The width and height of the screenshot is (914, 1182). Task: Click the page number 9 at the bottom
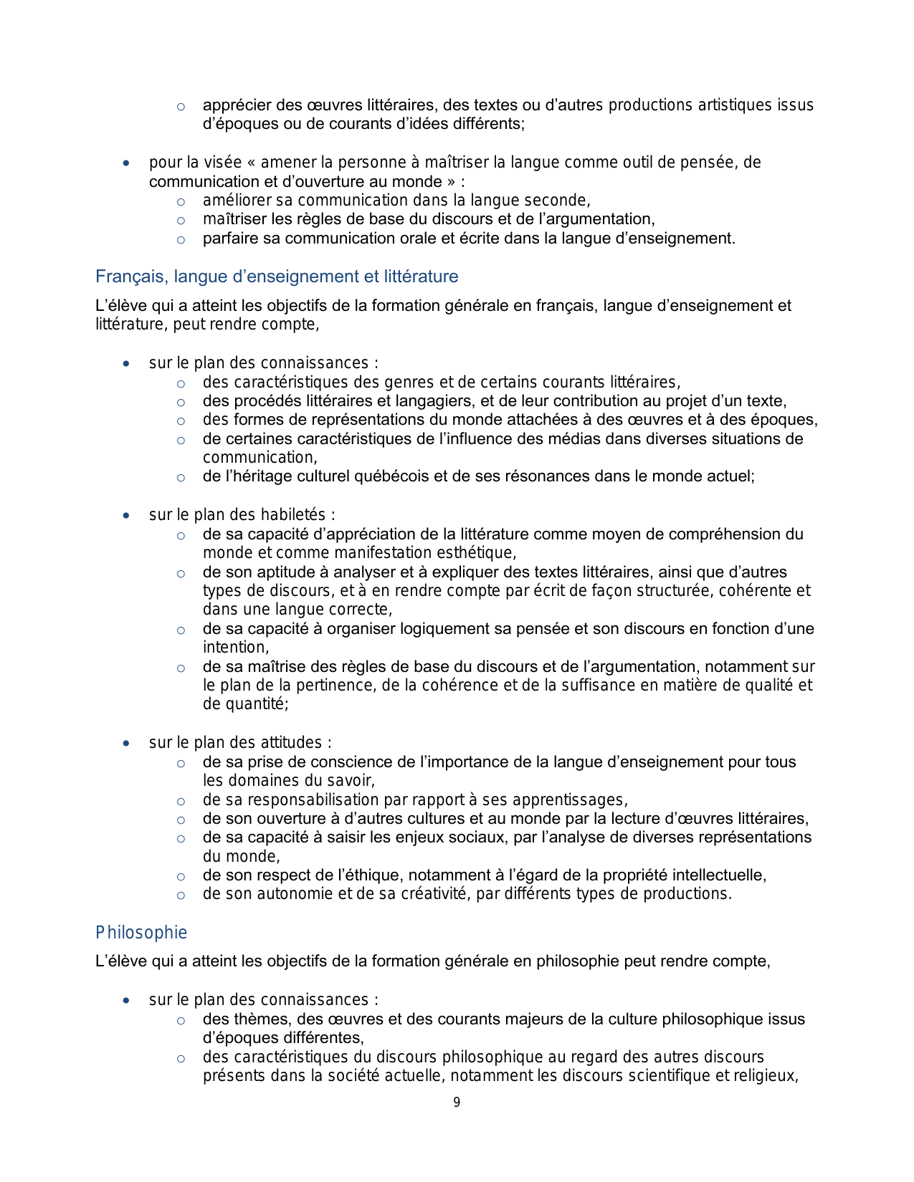(457, 1102)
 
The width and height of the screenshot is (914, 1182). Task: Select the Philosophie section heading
(141, 933)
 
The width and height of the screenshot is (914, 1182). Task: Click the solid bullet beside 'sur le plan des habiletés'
(126, 516)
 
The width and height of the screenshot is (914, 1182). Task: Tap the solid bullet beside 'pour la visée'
(126, 163)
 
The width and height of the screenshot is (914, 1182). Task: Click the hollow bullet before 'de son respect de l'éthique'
(181, 876)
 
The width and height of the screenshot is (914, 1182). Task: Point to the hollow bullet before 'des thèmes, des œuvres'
(181, 1020)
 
